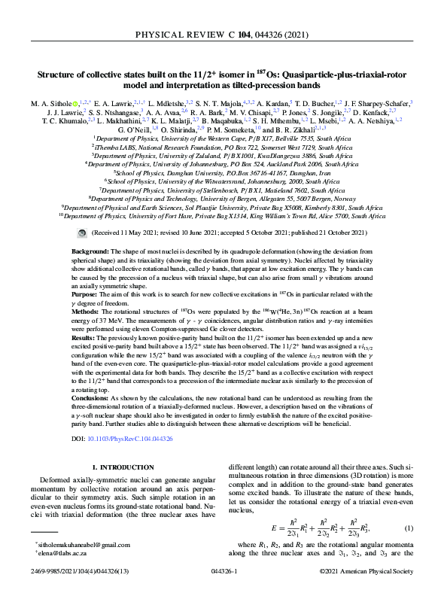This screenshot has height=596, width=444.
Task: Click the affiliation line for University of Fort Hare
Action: coord(222,215)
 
